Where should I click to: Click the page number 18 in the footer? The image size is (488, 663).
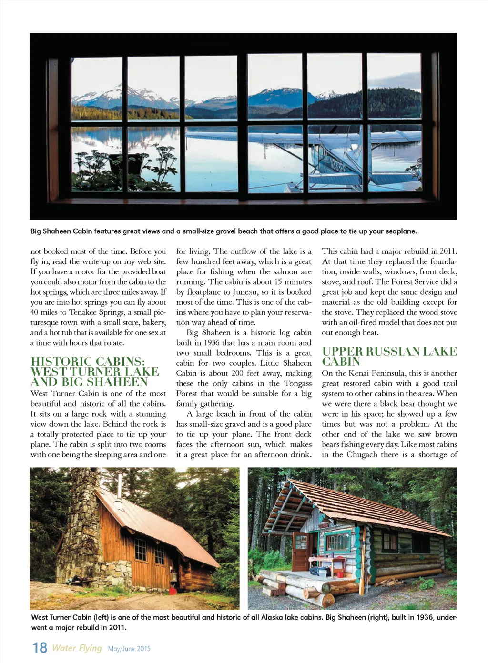click(40, 648)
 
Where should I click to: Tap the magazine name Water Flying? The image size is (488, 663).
click(77, 648)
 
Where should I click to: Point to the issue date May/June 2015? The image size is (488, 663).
click(129, 649)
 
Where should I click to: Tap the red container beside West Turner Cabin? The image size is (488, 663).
click(172, 591)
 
